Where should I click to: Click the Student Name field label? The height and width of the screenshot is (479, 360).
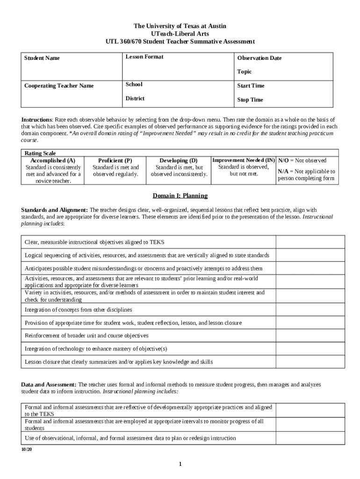click(42, 58)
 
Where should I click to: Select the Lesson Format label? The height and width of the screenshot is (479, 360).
click(144, 57)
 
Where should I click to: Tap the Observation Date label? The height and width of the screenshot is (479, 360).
click(259, 58)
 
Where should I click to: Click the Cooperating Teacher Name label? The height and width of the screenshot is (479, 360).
click(59, 86)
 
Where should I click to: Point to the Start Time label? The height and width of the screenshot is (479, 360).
click(251, 86)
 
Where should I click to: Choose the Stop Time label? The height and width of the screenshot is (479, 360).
click(250, 100)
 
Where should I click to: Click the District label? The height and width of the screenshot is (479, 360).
click(135, 98)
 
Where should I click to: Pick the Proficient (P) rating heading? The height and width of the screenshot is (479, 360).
click(115, 160)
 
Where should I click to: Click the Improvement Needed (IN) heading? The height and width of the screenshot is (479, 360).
click(243, 160)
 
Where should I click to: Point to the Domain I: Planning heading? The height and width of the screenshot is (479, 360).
click(180, 196)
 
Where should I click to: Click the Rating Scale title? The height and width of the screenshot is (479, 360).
click(40, 153)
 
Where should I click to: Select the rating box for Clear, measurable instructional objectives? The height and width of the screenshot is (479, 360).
click(310, 242)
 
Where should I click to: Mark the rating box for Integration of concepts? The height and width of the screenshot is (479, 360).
click(310, 310)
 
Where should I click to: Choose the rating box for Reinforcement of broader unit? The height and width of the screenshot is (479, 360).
click(310, 335)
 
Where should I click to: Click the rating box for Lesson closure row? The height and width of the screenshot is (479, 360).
click(310, 362)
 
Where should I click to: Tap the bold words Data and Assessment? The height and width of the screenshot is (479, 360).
click(48, 385)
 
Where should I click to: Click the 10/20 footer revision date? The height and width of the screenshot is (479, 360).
click(26, 449)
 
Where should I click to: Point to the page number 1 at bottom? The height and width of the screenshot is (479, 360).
click(180, 464)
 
